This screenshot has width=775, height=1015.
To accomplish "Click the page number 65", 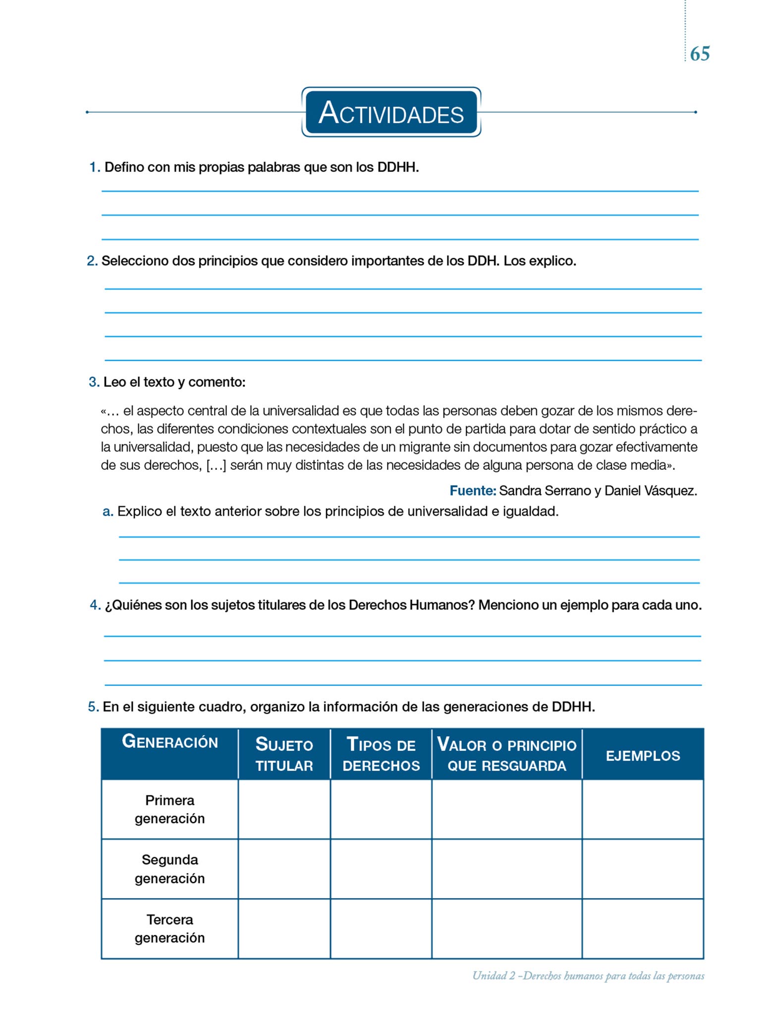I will [700, 54].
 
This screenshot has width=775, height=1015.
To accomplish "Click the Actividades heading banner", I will [391, 113].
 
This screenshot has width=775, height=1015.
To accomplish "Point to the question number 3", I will [94, 382].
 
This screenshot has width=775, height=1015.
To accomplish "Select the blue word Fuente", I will [472, 491].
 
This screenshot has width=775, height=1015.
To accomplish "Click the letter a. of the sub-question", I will [108, 511].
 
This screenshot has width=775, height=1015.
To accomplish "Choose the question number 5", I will [93, 707].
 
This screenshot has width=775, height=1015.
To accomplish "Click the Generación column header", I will [170, 742].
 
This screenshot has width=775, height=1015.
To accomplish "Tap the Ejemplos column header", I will [643, 756].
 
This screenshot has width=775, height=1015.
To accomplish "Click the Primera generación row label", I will [169, 809].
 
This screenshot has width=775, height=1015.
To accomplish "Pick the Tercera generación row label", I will [169, 929].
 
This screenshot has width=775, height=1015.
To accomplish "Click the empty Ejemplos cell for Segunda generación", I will [643, 869].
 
